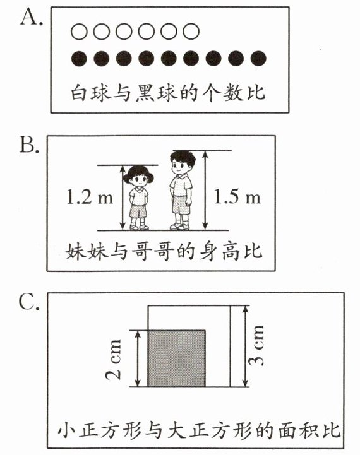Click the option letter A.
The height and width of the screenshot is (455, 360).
31,18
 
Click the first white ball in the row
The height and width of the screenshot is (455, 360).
79,32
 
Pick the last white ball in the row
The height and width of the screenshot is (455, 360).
191,32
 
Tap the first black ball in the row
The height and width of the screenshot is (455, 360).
79,59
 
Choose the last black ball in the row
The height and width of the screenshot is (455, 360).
258,59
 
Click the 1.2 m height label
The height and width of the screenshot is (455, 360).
90,197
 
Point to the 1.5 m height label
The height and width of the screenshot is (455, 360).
237,197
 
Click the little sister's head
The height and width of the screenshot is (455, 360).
138,176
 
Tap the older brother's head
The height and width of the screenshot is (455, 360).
183,163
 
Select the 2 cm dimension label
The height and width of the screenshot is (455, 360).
113,359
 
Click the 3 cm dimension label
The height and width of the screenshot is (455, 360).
256,345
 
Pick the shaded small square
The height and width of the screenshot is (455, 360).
176,358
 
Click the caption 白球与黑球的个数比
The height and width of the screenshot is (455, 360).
168,93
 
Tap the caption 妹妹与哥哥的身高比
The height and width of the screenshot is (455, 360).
164,251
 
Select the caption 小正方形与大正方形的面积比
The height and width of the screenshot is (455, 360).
199,430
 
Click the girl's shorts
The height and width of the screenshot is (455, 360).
138,211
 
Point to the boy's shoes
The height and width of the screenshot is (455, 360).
180,226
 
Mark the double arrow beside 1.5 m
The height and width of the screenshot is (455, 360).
205,191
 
